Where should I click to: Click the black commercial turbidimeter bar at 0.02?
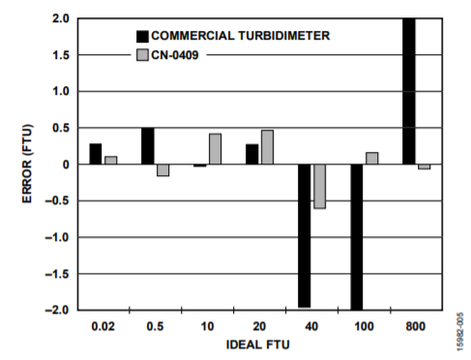tap(96, 154)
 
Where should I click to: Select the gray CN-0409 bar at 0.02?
tap(111, 161)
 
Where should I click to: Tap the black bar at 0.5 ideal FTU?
tap(148, 146)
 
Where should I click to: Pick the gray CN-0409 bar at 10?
tap(216, 149)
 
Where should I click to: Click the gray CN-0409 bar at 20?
tap(267, 147)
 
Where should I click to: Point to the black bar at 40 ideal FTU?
tap(305, 236)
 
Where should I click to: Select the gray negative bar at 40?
tap(319, 187)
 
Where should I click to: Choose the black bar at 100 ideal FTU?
tap(357, 237)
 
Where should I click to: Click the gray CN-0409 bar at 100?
tap(372, 159)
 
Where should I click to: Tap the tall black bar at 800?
tap(409, 92)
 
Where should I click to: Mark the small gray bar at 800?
tap(425, 166)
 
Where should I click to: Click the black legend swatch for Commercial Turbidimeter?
tap(142, 37)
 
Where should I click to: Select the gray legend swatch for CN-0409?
tap(142, 55)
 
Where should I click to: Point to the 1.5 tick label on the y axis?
tap(61, 55)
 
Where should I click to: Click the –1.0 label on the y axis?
tap(57, 238)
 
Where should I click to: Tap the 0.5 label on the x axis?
tap(155, 326)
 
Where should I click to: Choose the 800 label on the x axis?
tap(416, 326)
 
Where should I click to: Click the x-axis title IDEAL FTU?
tap(258, 345)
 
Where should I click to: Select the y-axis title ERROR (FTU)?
tap(27, 164)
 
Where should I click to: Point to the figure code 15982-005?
tap(460, 331)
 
